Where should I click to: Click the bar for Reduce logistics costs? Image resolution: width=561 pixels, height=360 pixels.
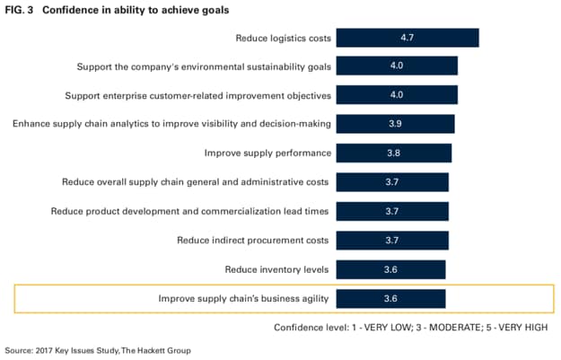click(408, 38)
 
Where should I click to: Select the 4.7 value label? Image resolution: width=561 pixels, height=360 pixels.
click(407, 38)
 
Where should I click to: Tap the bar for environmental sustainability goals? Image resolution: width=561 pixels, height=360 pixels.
click(399, 66)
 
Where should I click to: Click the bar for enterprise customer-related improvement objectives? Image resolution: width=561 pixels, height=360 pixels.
click(399, 94)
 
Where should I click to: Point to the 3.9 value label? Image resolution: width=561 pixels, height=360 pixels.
click(396, 123)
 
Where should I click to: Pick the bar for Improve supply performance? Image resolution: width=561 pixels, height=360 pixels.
click(395, 153)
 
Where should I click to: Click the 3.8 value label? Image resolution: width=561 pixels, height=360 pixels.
click(394, 153)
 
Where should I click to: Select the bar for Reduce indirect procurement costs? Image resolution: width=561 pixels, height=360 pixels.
click(393, 240)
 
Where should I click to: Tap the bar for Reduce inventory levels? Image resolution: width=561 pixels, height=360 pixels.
click(391, 268)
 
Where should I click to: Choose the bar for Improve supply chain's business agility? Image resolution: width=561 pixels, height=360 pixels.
click(391, 297)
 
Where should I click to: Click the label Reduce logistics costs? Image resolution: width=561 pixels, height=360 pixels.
click(284, 38)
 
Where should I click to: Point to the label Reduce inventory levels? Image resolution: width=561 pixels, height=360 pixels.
click(278, 268)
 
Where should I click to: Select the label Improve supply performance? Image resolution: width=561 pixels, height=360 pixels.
click(267, 153)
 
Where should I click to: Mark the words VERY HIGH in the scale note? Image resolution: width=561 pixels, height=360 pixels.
click(526, 327)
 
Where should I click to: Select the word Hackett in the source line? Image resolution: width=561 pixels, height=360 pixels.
click(153, 349)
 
